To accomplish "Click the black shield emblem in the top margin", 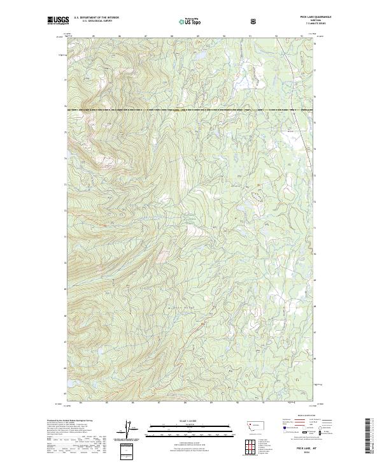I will coord(255,21).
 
